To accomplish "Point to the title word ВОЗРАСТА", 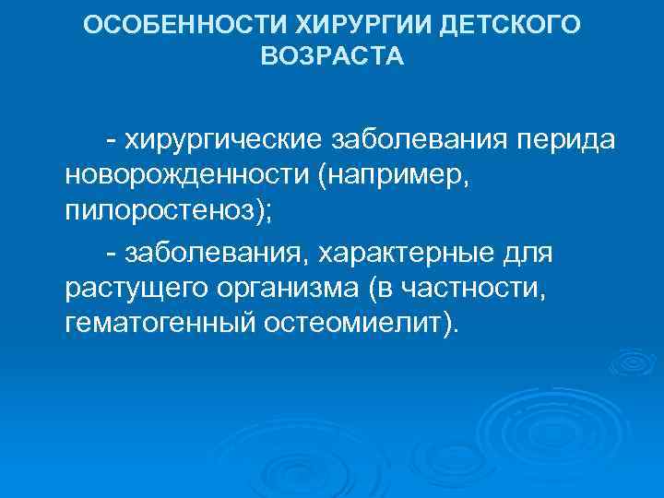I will click(333, 57).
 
